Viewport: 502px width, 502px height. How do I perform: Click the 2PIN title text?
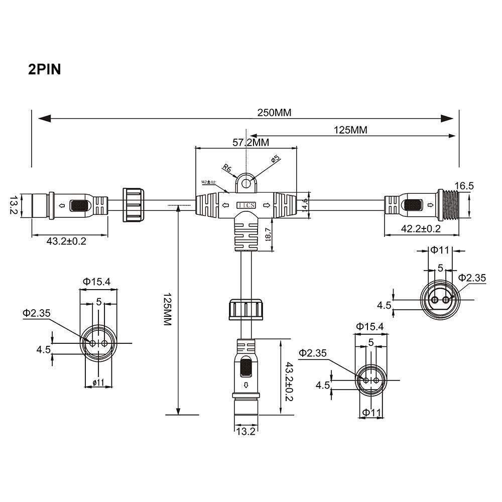tap(44, 69)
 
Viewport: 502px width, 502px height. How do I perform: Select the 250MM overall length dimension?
tap(274, 113)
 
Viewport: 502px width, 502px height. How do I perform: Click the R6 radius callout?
tap(227, 169)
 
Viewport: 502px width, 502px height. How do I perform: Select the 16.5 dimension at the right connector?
tap(464, 186)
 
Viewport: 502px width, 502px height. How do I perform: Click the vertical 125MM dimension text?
tap(168, 310)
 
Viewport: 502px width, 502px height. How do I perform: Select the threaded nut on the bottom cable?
tap(246, 309)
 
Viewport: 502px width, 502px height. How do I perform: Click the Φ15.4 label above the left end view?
tap(97, 282)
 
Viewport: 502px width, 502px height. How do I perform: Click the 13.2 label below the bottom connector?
tap(246, 431)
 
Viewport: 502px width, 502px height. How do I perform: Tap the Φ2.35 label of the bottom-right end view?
tap(312, 353)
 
